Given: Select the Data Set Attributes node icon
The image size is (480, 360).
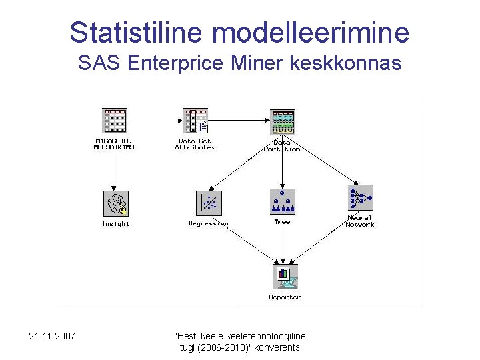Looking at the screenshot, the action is [x=195, y=121].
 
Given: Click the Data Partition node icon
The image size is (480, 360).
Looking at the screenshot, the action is [x=282, y=122].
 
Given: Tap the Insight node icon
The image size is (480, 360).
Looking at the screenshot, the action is [x=115, y=203].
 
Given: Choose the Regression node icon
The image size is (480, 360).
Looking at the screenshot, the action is [x=209, y=203].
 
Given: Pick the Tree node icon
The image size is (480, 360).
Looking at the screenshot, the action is [x=282, y=201].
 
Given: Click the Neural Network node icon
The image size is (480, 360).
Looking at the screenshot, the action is [x=360, y=198].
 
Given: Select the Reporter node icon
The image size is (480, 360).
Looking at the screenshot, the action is [x=284, y=276].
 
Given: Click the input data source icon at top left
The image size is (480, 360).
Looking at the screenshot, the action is [x=114, y=121].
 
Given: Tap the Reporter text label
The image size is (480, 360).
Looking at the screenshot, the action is [x=285, y=297].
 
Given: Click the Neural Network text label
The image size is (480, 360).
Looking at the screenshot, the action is [x=360, y=221].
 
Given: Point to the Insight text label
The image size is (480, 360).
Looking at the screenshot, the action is [x=115, y=224].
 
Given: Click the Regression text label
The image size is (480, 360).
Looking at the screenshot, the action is [x=208, y=224].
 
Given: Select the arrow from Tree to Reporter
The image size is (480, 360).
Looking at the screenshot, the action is [x=283, y=243].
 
